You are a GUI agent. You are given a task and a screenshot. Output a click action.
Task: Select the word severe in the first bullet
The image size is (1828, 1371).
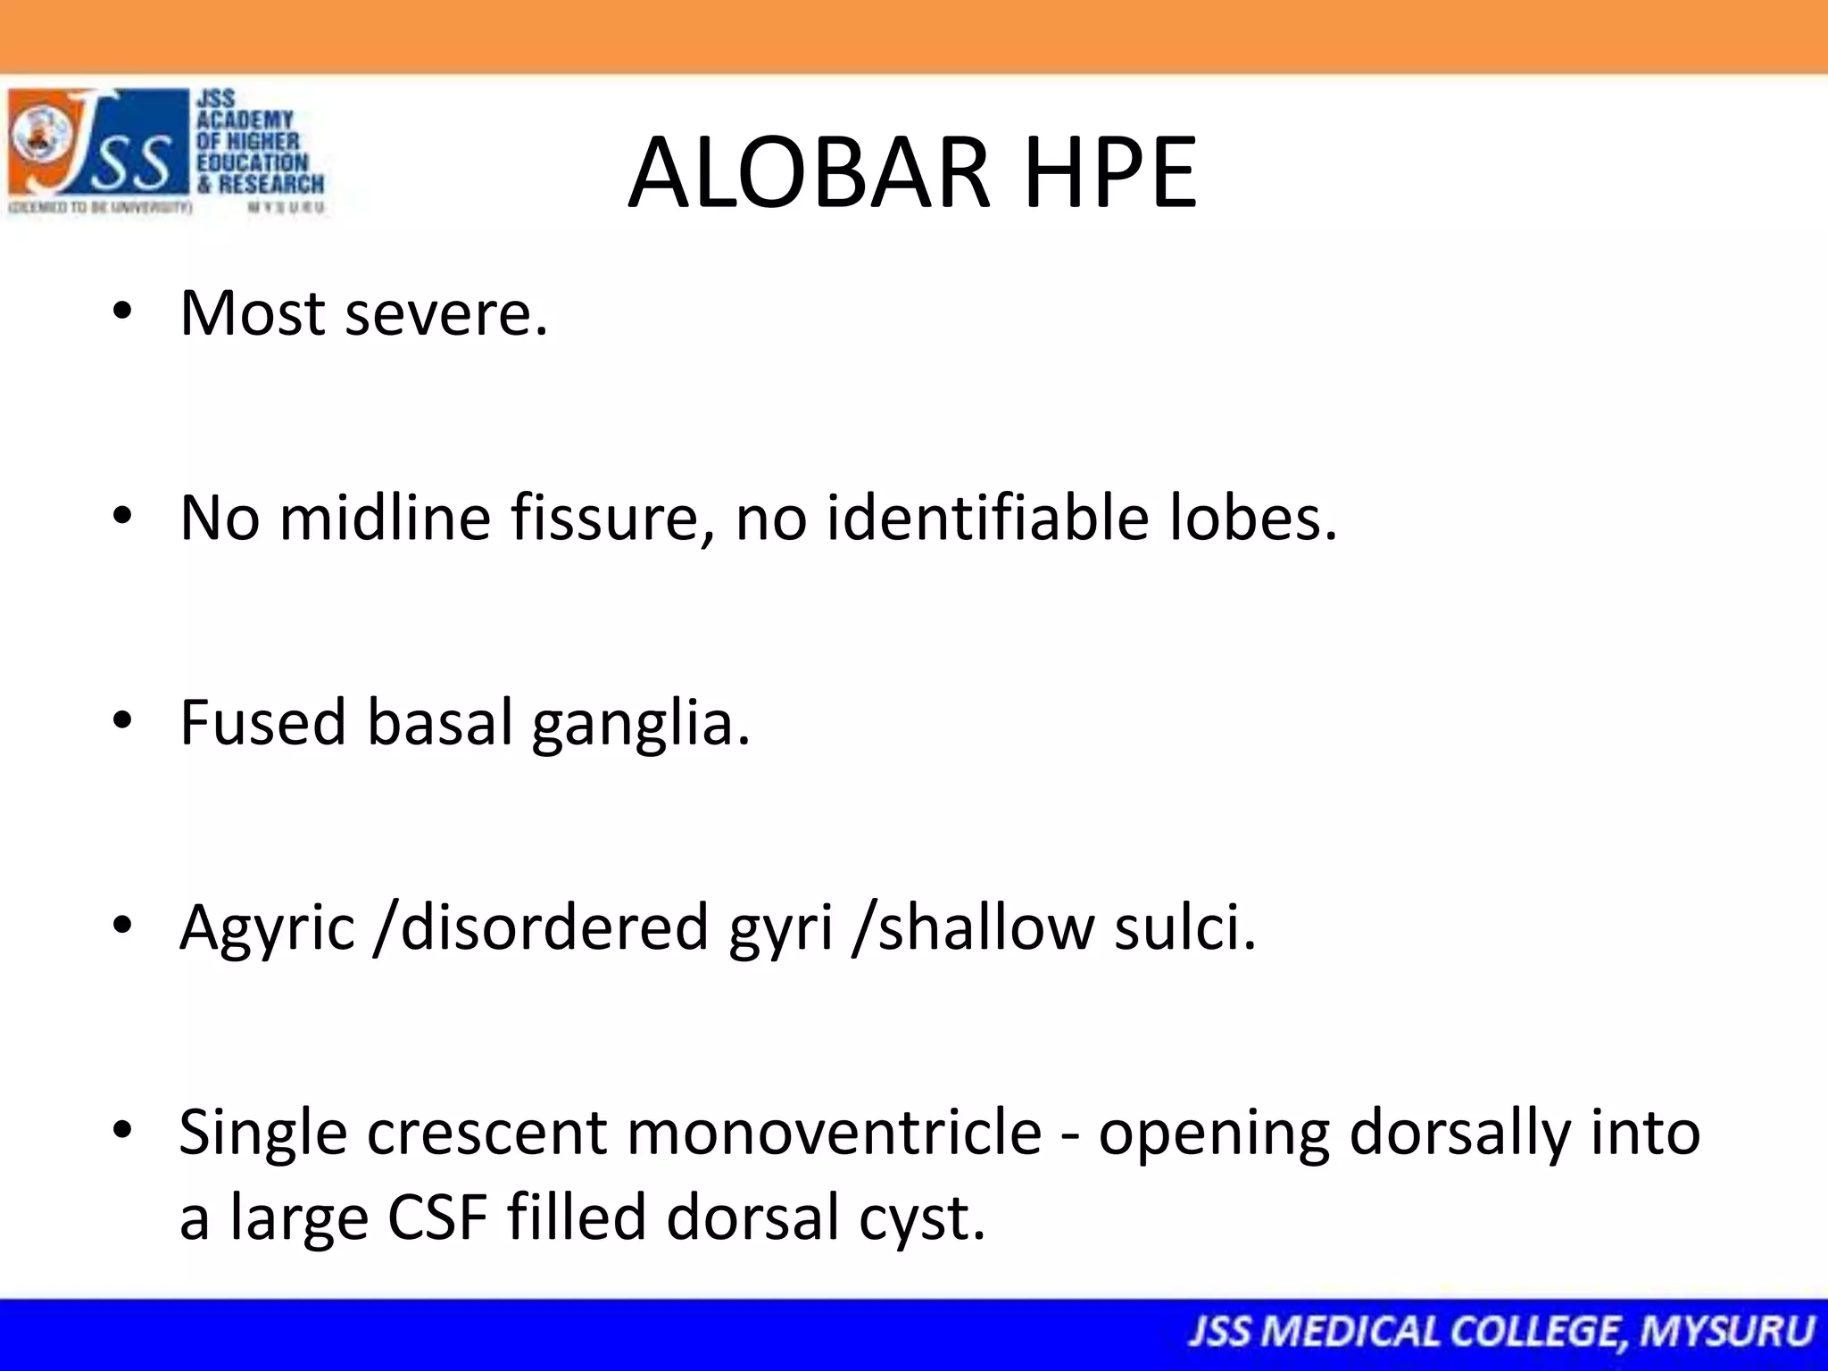click(x=446, y=314)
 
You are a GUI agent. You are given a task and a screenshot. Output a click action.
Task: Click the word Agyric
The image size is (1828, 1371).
click(x=267, y=928)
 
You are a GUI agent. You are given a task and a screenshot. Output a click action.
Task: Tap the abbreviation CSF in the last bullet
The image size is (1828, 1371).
click(x=437, y=1217)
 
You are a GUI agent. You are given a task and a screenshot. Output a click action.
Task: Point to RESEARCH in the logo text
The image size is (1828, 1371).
click(x=271, y=185)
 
